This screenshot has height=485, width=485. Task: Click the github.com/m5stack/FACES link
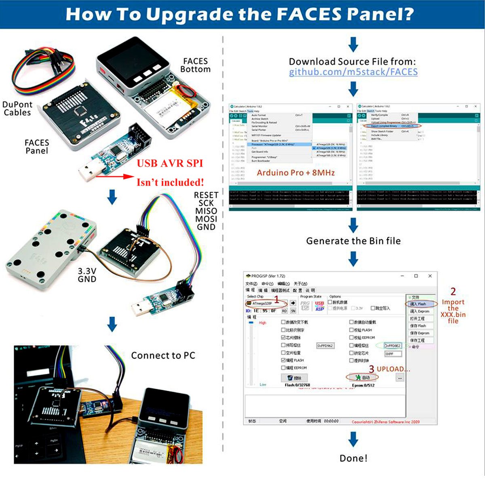[x=353, y=72]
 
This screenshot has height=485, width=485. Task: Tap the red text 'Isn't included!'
[x=170, y=182]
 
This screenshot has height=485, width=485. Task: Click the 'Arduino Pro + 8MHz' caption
[x=296, y=173]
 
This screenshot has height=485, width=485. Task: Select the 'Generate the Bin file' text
[x=353, y=241]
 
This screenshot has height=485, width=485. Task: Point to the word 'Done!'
[x=353, y=458]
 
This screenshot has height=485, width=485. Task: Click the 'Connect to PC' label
[x=163, y=356]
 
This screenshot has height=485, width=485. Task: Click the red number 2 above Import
[x=453, y=291]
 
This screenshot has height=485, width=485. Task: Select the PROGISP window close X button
[x=430, y=276]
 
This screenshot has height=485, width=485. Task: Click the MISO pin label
[x=206, y=211]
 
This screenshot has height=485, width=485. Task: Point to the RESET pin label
[x=206, y=195]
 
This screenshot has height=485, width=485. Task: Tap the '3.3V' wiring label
[x=87, y=271]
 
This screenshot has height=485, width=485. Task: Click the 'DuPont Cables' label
[x=17, y=108]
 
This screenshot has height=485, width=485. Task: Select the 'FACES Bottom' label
[x=195, y=65]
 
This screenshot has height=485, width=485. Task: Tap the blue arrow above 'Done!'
[x=353, y=439]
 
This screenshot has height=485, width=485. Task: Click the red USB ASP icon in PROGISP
[x=320, y=306]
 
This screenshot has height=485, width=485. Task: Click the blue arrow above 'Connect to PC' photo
[x=112, y=324]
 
